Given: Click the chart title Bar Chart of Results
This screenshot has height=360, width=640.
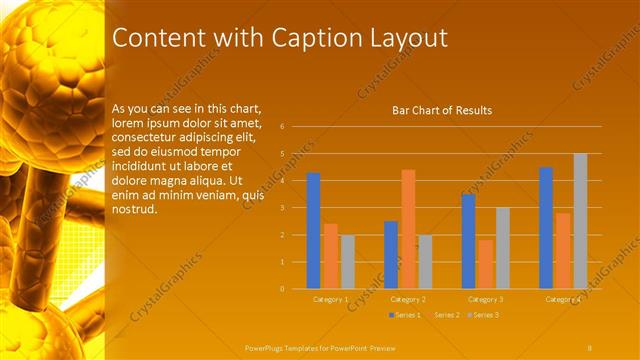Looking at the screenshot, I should coord(441,110).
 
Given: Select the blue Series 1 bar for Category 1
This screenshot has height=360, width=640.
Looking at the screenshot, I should coord(313,231).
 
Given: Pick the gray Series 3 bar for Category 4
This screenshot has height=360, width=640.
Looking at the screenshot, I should coord(580,221).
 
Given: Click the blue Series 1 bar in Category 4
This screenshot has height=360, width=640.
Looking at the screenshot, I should coord(546,228).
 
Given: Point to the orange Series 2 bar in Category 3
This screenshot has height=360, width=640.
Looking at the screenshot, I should coord(485,264).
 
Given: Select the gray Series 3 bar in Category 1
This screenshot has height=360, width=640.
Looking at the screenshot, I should coord(347,262).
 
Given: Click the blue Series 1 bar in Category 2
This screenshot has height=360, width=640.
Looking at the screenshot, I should coord(391,255).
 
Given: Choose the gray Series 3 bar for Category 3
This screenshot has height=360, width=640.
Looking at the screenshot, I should coord(503,248).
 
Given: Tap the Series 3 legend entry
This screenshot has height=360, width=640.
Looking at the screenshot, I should coord(483,315).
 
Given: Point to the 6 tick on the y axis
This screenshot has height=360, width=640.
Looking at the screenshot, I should coord(283,127).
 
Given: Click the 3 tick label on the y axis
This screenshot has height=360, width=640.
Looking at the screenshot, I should coord(283,208).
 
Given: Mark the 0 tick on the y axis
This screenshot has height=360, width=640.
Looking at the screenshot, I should coord(283,289).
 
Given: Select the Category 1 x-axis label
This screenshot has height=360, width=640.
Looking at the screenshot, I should coord(330,299).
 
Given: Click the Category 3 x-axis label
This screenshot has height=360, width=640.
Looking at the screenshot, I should coord(485,299).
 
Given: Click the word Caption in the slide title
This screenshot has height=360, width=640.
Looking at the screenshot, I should coord(326,39).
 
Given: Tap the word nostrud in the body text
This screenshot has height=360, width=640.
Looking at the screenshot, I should coord(134,210).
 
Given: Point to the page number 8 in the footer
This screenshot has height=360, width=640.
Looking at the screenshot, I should coord(590,347).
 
